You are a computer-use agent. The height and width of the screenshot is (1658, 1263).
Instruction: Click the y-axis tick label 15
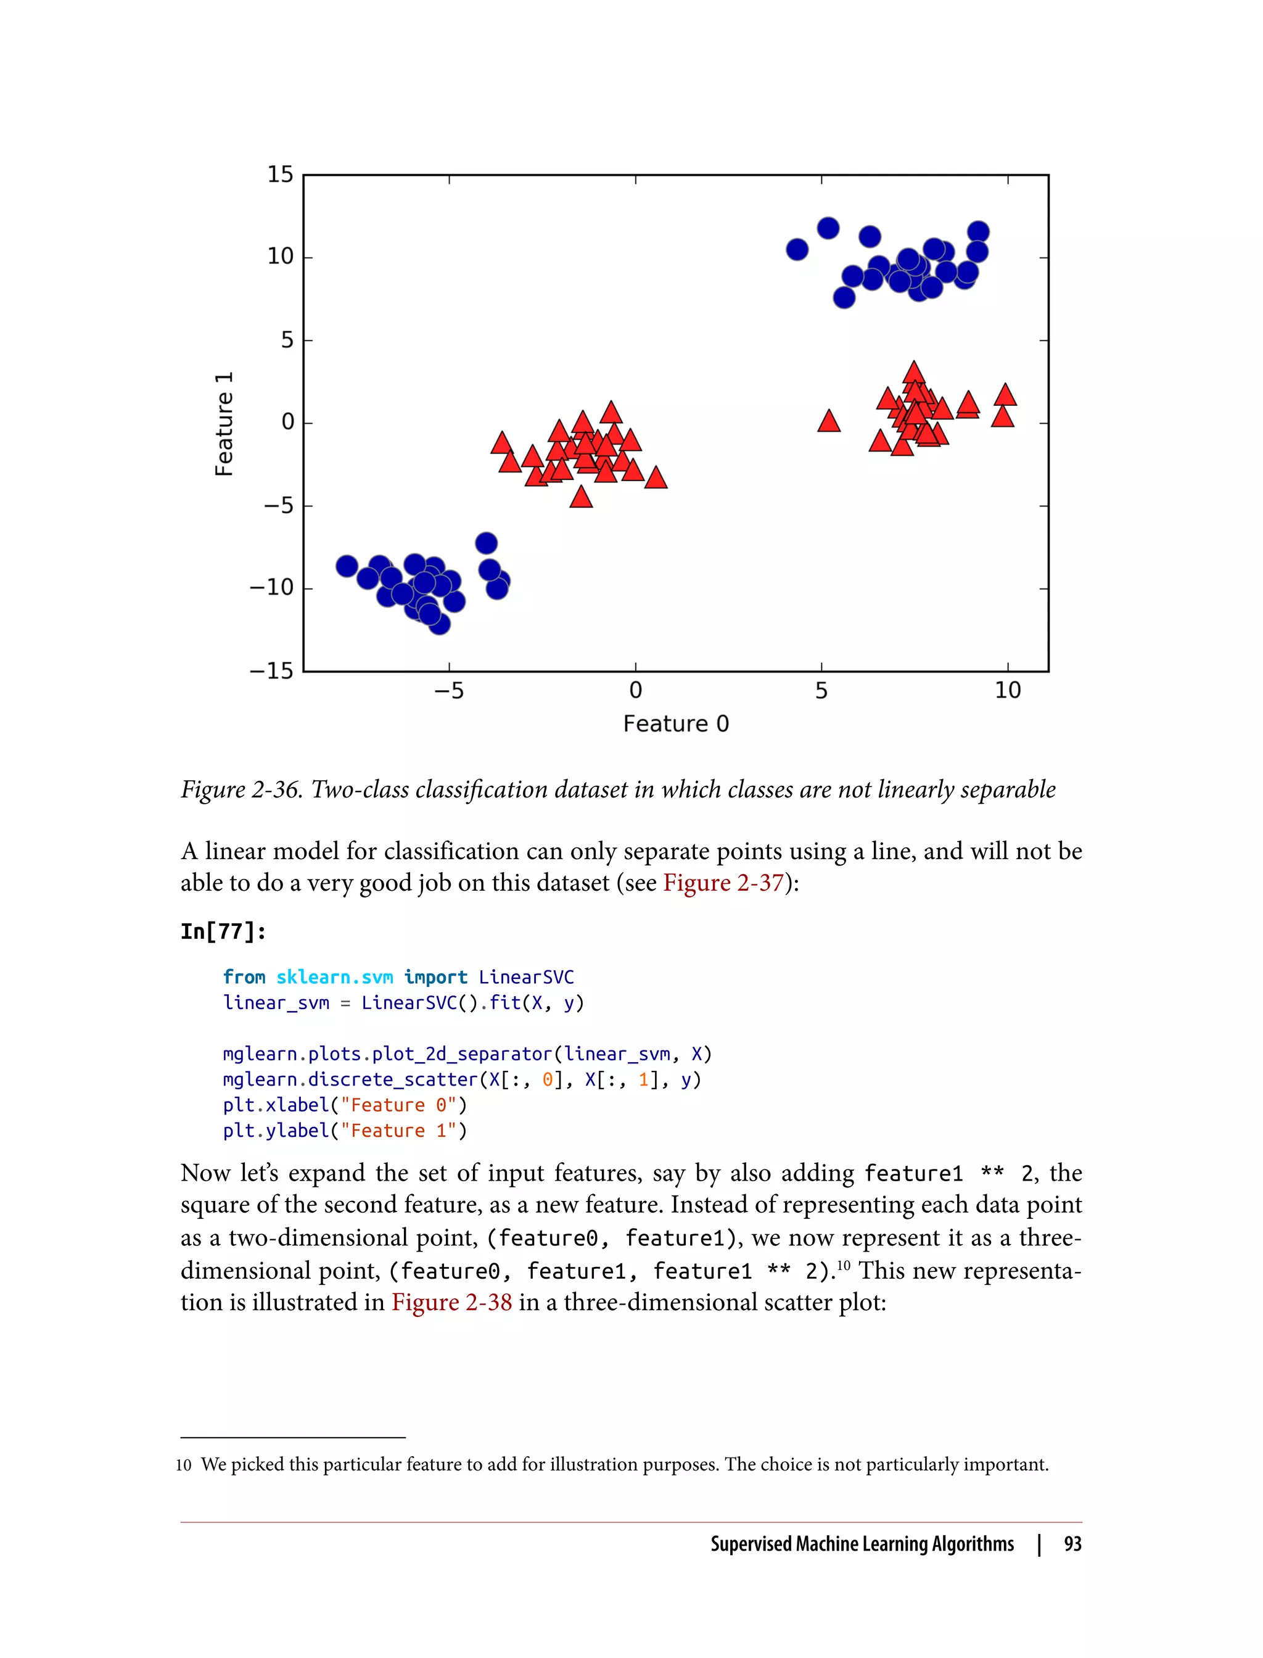(281, 175)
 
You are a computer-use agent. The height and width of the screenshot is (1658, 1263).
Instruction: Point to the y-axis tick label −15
(271, 670)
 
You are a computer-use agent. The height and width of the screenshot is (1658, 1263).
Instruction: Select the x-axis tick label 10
(1008, 690)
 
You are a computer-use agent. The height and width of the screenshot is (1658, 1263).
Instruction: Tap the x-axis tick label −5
(449, 690)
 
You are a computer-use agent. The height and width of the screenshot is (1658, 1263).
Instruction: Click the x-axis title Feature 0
(676, 724)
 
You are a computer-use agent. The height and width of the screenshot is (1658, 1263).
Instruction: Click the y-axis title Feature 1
(224, 423)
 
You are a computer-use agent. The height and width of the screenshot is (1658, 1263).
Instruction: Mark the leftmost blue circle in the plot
(347, 566)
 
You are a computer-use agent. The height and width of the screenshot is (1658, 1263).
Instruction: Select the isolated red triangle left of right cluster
(828, 421)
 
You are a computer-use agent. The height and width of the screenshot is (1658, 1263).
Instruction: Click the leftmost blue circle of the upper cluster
(797, 250)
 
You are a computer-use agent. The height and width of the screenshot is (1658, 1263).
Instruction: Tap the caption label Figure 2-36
(241, 790)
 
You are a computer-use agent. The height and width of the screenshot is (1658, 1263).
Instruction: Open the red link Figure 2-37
(723, 882)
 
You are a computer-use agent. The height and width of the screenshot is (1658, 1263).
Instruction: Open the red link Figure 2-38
(451, 1301)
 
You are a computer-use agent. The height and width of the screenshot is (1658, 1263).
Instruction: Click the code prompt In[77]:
(223, 931)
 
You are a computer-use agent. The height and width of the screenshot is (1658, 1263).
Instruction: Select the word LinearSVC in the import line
(526, 977)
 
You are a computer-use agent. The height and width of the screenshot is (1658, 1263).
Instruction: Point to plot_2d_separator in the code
(461, 1054)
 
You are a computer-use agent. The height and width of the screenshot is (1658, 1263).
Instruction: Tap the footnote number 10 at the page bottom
(183, 1465)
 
